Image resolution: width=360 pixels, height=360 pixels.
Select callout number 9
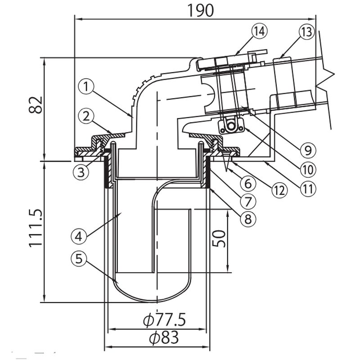[x=307, y=148]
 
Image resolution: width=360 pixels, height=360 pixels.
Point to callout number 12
[x=279, y=189]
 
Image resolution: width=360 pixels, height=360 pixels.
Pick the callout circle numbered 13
[x=306, y=32]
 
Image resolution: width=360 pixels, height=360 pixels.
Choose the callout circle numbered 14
[x=260, y=31]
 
